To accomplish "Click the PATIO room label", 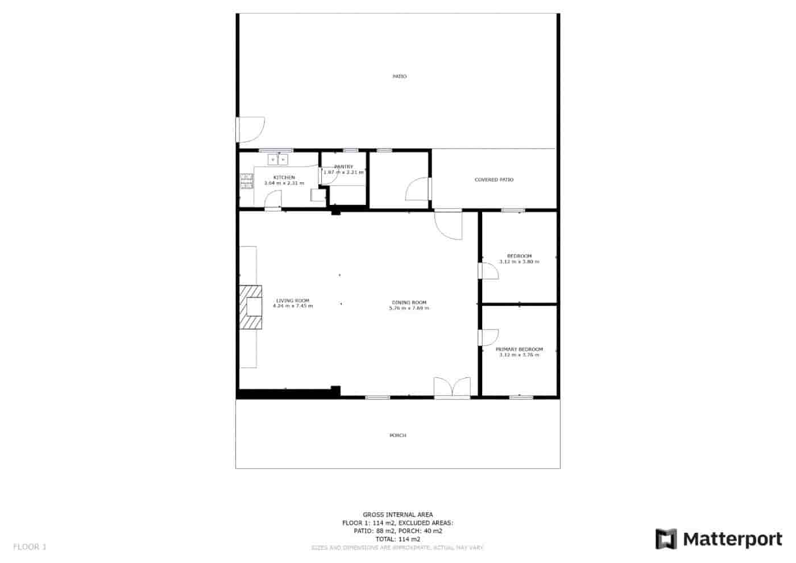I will tap(399, 76).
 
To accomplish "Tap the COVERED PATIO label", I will tap(494, 180).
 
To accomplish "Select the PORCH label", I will tap(397, 435).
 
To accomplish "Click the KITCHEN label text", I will tap(284, 178).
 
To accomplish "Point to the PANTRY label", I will tap(343, 167).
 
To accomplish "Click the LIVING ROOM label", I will tap(292, 301).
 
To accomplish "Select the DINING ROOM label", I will tap(409, 302).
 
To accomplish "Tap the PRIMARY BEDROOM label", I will tap(519, 349).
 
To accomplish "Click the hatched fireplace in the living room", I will tap(250, 307).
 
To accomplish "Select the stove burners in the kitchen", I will tap(246, 181).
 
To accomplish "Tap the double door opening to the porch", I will tap(452, 388).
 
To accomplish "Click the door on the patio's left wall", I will tap(249, 129).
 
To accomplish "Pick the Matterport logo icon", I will tap(666, 539).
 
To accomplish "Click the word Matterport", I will tap(732, 539).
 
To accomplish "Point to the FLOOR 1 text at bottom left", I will tap(30, 547).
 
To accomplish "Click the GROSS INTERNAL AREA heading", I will tap(397, 515).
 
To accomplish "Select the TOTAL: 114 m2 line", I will tap(397, 539).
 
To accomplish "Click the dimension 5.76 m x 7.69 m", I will tap(409, 308).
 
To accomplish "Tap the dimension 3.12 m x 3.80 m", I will tap(519, 262).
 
